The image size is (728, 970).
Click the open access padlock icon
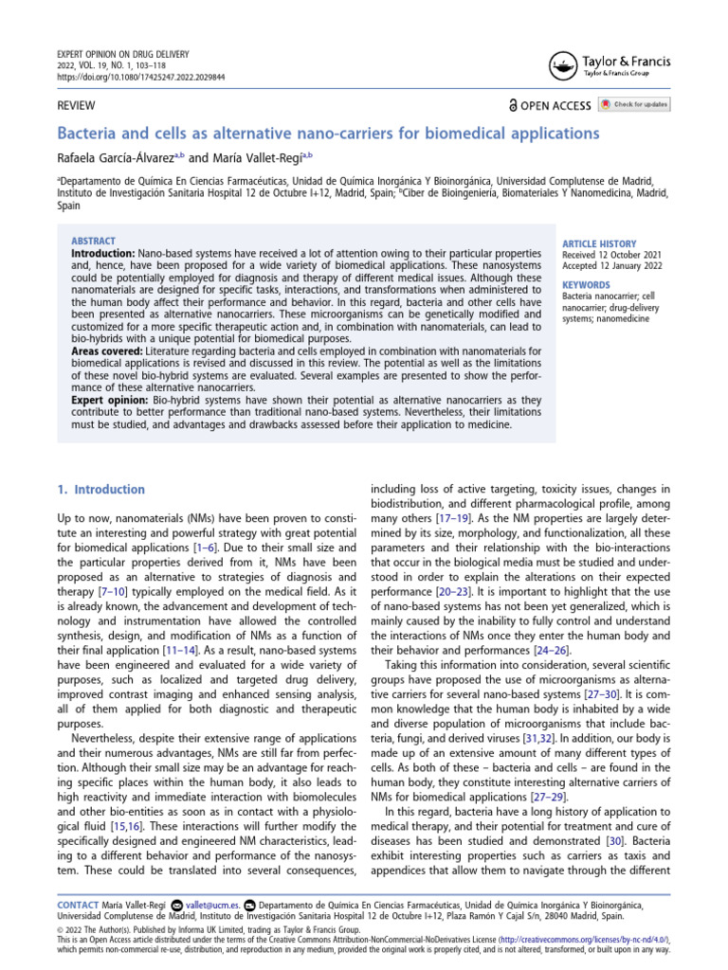pyautogui.click(x=513, y=105)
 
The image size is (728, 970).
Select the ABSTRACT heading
pyautogui.click(x=93, y=242)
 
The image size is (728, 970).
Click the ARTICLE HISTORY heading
pyautogui.click(x=599, y=243)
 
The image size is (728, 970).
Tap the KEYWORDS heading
pyautogui.click(x=586, y=284)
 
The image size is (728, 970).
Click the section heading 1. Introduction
pyautogui.click(x=101, y=490)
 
